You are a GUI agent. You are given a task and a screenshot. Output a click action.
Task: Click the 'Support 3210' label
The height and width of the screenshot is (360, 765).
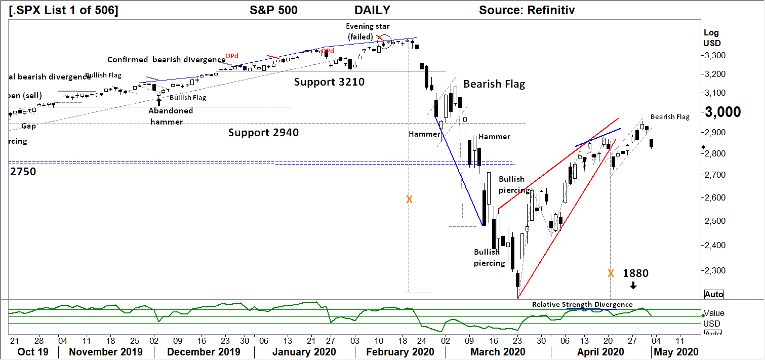pos(329,81)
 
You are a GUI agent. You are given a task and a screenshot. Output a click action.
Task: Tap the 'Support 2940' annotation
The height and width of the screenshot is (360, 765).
pos(263,133)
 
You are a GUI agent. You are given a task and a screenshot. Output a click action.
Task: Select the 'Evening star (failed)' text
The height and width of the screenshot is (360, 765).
pos(361,31)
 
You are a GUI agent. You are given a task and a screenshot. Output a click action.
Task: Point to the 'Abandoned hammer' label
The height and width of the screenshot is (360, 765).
pos(171,116)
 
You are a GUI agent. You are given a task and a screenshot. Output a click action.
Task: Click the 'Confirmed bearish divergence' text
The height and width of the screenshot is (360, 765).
pos(166,60)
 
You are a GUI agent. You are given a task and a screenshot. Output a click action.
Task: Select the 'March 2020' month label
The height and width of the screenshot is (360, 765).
pos(498,352)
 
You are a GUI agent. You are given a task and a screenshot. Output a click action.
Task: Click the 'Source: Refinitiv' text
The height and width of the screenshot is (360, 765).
pos(527,10)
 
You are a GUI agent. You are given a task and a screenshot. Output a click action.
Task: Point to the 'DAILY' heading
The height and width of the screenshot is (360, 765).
pos(372,10)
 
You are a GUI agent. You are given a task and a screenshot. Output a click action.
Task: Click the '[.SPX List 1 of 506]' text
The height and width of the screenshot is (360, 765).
pos(64,10)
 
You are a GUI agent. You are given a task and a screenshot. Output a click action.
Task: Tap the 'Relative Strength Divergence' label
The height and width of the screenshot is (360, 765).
pos(582,304)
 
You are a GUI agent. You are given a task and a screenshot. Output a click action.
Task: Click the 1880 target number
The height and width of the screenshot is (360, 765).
pos(635,273)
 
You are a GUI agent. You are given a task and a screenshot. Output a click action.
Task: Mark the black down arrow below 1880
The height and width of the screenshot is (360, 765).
pos(633,286)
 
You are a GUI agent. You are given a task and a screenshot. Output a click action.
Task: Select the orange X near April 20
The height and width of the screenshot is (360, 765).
pos(611,273)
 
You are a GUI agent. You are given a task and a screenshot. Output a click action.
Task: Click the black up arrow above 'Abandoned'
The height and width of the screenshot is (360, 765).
pos(159,101)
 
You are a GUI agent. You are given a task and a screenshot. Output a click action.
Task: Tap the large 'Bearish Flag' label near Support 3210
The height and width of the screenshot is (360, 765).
pos(494,84)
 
